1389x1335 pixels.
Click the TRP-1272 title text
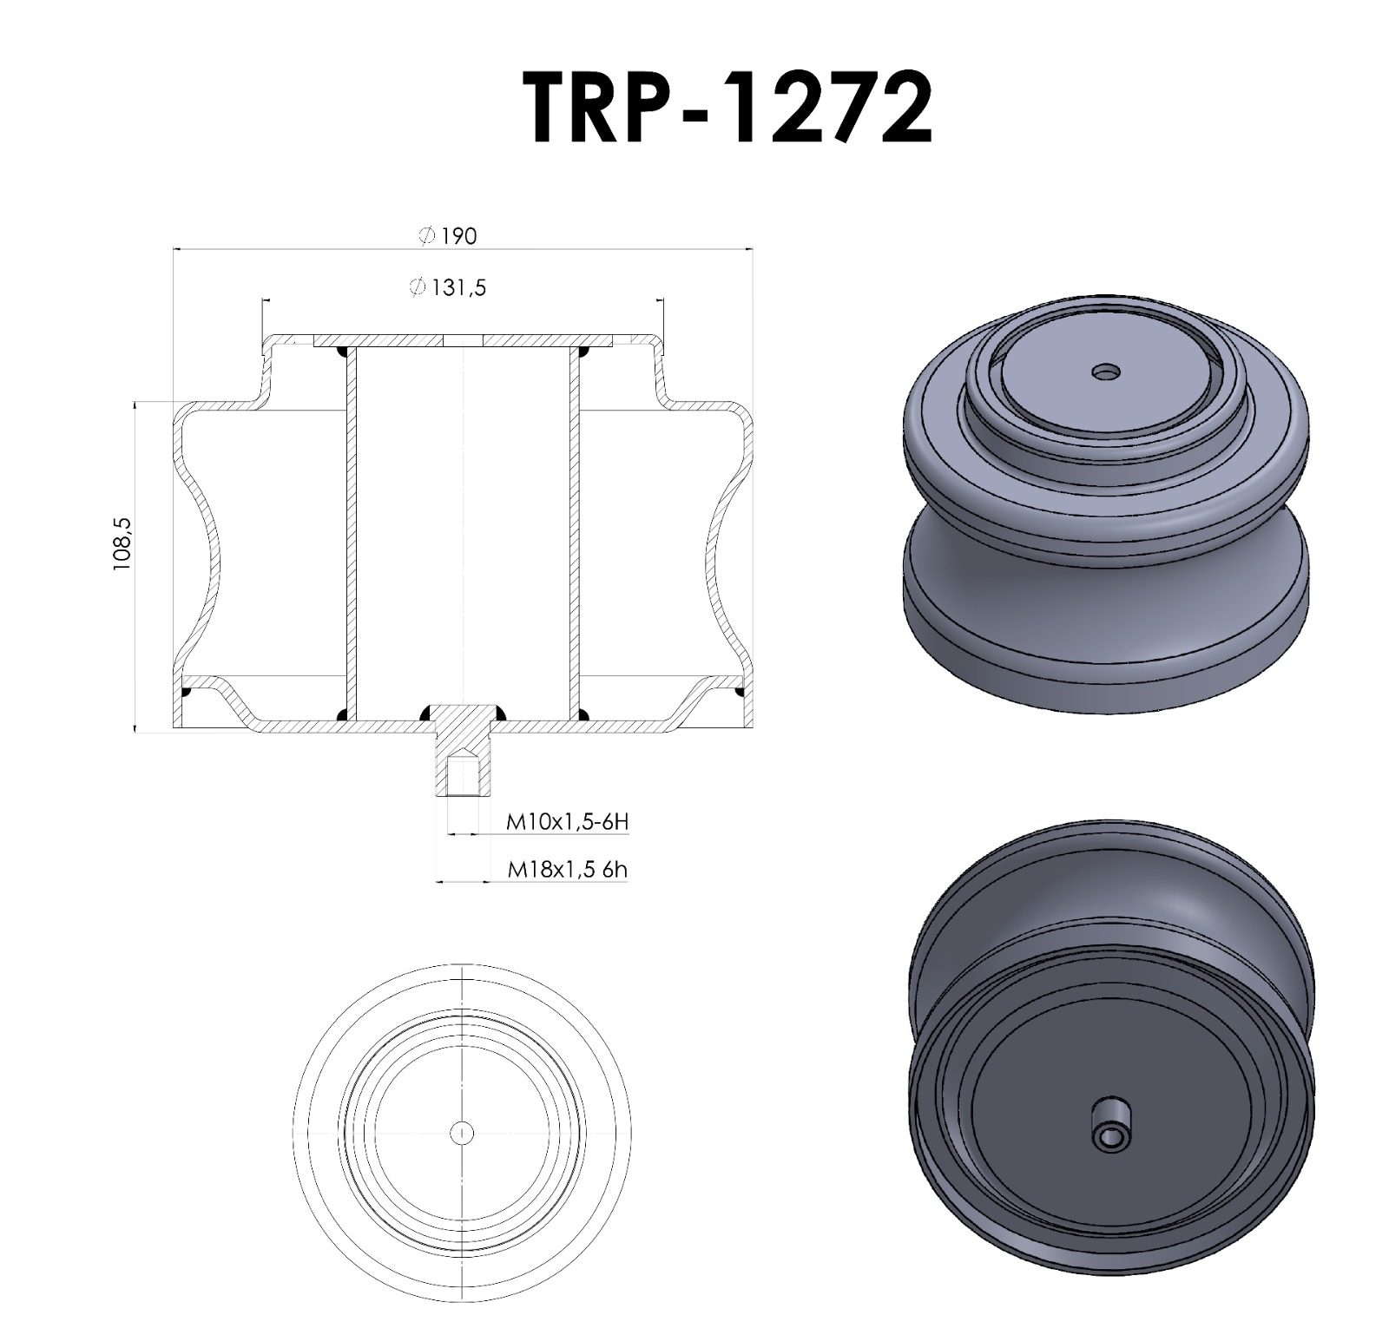727,108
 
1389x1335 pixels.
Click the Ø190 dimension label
448,236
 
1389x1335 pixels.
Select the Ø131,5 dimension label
448,287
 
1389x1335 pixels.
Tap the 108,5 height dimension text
122,543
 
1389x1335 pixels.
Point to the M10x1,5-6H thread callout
566,822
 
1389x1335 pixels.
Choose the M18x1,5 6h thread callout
566,869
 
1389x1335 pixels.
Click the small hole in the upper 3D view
1105,372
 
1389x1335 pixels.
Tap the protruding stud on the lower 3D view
1110,1124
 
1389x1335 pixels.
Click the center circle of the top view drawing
463,1132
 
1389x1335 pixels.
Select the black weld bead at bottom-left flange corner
186,692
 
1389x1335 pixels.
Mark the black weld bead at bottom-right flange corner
740,692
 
